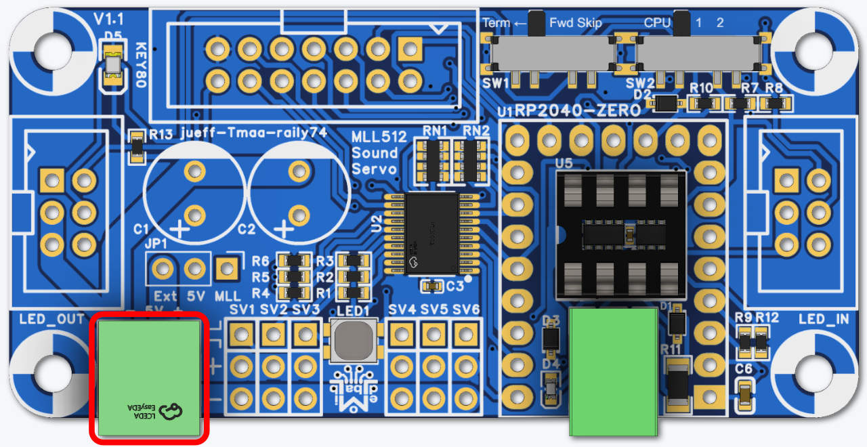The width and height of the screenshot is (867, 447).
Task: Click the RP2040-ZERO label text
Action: pos(578,110)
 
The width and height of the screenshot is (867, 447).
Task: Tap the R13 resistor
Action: pos(138,148)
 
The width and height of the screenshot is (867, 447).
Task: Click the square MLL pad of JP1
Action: pos(227,270)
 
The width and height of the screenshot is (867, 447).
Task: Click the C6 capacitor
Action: pos(744,392)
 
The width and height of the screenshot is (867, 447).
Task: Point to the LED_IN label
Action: pos(822,319)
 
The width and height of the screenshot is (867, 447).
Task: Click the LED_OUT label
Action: pos(53,319)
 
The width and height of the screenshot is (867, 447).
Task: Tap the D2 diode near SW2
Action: pos(667,104)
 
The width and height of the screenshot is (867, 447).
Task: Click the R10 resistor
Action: pos(704,104)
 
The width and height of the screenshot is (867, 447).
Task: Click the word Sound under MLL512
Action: pos(375,152)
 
